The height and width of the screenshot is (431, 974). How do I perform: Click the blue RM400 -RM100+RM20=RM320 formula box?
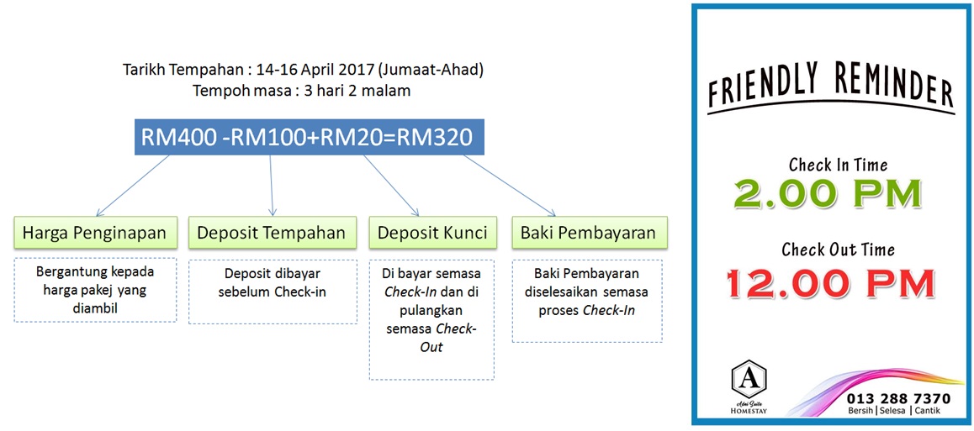pos(308,137)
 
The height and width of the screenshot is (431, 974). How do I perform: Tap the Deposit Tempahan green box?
pos(271,233)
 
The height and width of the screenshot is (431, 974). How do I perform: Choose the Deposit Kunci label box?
pos(431,233)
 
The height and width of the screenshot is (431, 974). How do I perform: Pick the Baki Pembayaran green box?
pos(588,233)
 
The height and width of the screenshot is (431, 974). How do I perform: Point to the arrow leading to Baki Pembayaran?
pos(508,185)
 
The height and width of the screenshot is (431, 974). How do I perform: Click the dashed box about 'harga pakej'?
pos(96,290)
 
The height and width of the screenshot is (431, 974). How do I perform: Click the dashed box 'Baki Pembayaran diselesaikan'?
pos(586,300)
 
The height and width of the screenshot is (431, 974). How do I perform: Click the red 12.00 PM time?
pos(830,282)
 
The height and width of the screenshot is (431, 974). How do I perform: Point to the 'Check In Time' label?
pos(838,165)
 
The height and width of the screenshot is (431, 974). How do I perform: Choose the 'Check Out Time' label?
pos(838,250)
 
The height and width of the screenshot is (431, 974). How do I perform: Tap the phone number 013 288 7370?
pos(898,398)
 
